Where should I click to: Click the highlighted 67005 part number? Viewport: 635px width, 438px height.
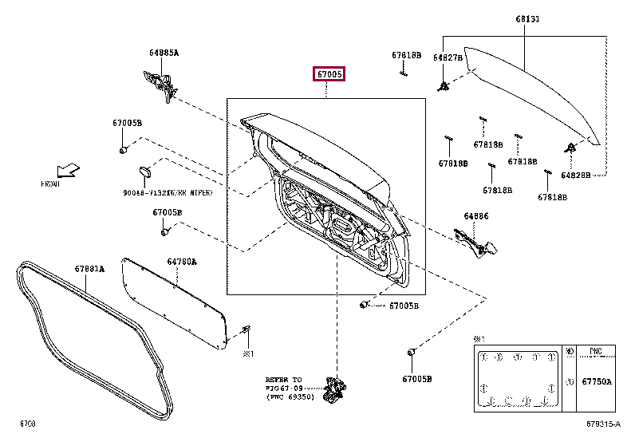click(x=328, y=74)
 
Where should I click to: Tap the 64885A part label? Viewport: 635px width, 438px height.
click(x=164, y=53)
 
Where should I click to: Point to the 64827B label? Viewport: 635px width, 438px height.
click(x=448, y=57)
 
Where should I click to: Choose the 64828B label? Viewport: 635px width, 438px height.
click(x=575, y=173)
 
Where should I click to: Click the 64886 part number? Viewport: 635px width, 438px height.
click(x=476, y=215)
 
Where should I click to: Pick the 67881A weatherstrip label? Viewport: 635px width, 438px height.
click(x=90, y=269)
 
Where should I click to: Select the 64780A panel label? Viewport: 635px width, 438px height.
click(x=181, y=261)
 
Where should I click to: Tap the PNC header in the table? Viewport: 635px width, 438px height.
click(x=597, y=350)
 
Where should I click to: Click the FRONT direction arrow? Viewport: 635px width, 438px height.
click(x=68, y=170)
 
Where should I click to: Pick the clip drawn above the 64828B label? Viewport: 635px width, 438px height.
click(x=571, y=148)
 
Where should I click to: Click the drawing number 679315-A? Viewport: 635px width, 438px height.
click(x=603, y=423)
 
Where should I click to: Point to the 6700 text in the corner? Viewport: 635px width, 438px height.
click(x=28, y=423)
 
